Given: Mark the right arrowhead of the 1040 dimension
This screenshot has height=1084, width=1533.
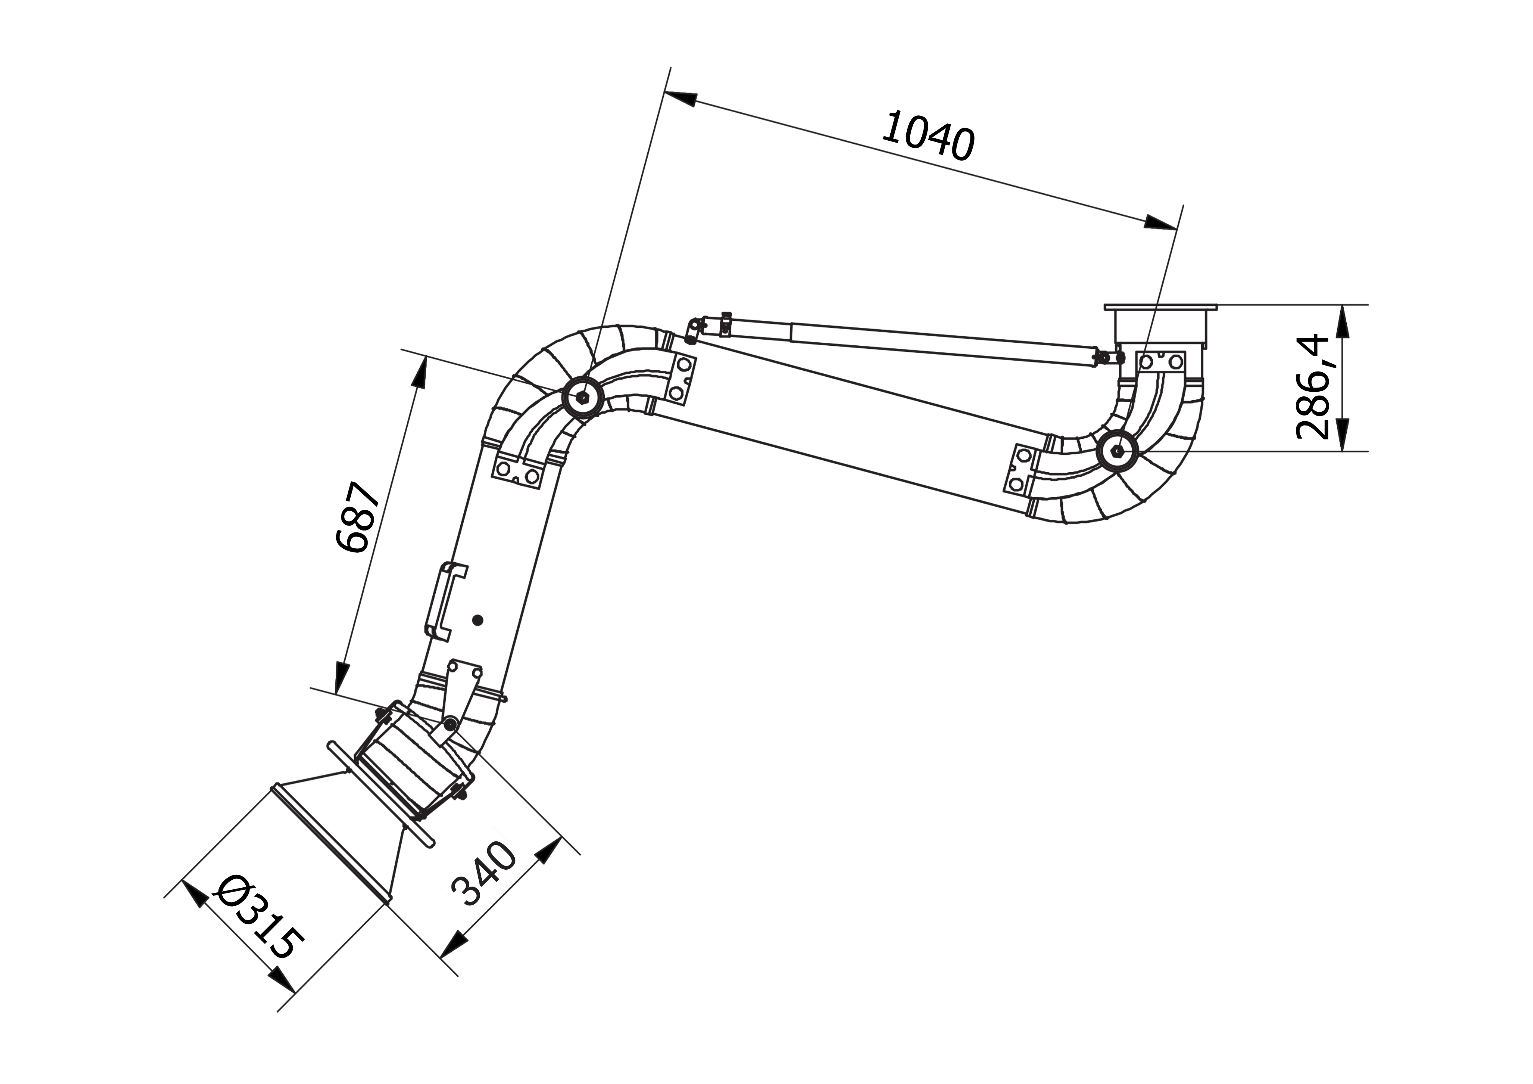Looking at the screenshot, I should tap(1160, 223).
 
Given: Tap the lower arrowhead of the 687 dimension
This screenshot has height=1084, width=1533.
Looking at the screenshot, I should tap(342, 676).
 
